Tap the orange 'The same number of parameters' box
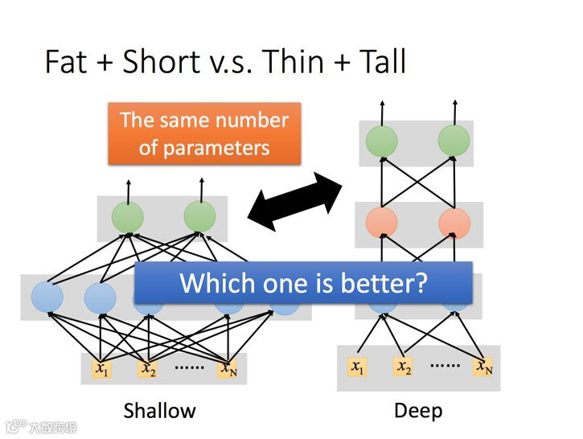click(204, 133)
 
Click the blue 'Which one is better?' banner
click(302, 283)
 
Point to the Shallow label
click(159, 411)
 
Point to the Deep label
click(418, 411)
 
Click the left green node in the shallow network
click(127, 217)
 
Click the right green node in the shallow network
click(199, 217)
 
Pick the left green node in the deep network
click(381, 142)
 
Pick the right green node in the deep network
click(454, 142)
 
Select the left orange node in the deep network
click(381, 223)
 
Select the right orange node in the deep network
click(454, 223)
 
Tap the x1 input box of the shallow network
click(101, 369)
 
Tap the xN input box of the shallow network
click(228, 369)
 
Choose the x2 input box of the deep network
click(403, 367)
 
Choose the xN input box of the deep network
click(483, 367)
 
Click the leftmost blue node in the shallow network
click(47, 298)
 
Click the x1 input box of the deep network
click(356, 367)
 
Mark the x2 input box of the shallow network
click(147, 369)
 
